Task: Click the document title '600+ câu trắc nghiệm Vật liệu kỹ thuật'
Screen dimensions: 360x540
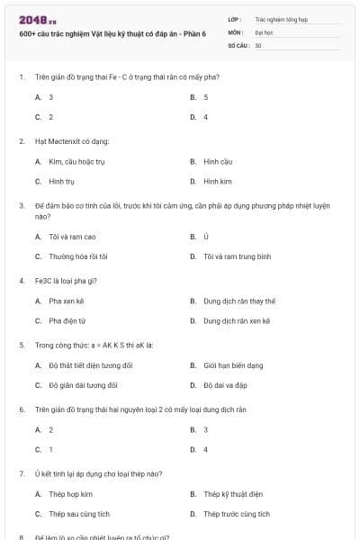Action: point(112,33)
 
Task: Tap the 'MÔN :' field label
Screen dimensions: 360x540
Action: point(236,31)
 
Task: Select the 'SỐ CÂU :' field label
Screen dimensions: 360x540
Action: point(238,44)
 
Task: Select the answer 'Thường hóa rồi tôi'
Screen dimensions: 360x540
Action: point(78,256)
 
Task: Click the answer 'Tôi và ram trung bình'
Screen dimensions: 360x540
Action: point(237,256)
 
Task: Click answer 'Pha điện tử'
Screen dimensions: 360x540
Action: point(67,320)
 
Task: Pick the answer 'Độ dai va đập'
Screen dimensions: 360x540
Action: point(226,385)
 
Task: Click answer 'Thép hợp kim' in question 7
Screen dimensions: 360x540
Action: point(70,493)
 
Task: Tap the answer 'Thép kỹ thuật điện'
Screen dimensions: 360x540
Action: point(232,493)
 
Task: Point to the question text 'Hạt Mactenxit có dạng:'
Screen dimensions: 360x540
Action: point(72,141)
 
